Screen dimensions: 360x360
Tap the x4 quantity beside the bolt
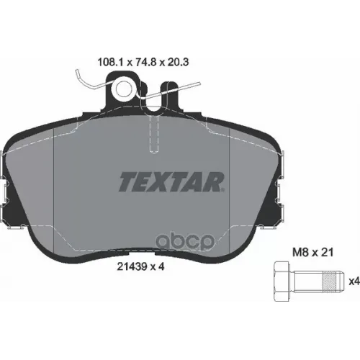click(354, 280)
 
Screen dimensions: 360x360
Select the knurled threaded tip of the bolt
click(327, 280)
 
